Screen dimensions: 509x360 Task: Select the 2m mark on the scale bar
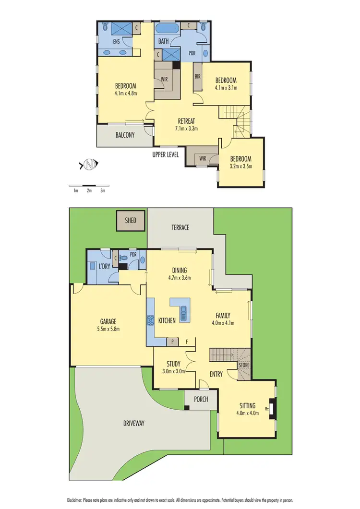click(89, 191)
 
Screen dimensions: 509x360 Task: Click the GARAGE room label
click(108, 321)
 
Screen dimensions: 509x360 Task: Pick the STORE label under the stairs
click(244, 366)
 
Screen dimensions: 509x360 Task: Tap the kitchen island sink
click(183, 315)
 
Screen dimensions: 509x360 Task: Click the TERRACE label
click(180, 227)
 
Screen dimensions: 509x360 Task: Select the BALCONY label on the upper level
click(125, 135)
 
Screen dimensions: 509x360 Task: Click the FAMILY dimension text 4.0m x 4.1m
click(223, 323)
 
